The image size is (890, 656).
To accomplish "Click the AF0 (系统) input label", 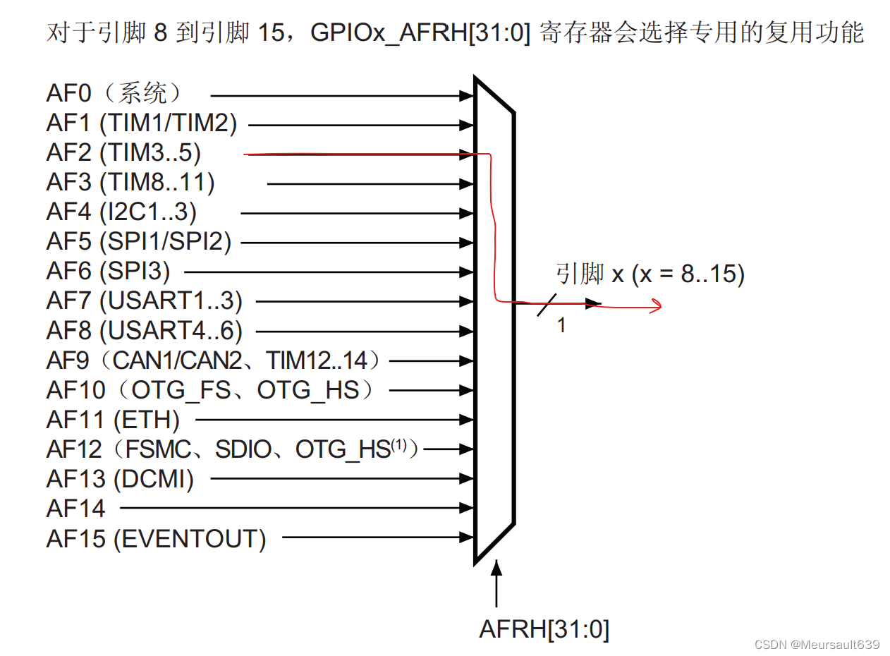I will (116, 94).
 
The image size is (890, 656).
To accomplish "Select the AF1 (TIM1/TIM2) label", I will (142, 124).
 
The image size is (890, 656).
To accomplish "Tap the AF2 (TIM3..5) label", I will (123, 153).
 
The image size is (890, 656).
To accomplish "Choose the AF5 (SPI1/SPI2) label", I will (139, 242).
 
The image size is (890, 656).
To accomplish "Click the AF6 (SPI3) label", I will (108, 271).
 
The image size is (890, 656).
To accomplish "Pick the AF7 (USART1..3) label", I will (145, 301).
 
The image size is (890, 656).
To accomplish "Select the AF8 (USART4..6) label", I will (145, 330).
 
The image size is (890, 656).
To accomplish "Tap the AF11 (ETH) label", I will (113, 420).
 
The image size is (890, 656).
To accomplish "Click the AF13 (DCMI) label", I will (120, 480).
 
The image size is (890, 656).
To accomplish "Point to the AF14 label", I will (75, 508).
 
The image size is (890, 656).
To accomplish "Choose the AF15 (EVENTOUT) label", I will (156, 539).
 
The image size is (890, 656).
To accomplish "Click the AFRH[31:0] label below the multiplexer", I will (544, 628).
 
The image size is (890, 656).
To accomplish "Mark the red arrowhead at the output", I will (656, 305).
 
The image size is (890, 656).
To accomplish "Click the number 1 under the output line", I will (561, 326).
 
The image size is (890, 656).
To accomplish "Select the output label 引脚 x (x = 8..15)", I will (650, 274).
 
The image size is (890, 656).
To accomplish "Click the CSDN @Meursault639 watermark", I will (817, 645).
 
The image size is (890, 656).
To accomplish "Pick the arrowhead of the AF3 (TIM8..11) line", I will (467, 184).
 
